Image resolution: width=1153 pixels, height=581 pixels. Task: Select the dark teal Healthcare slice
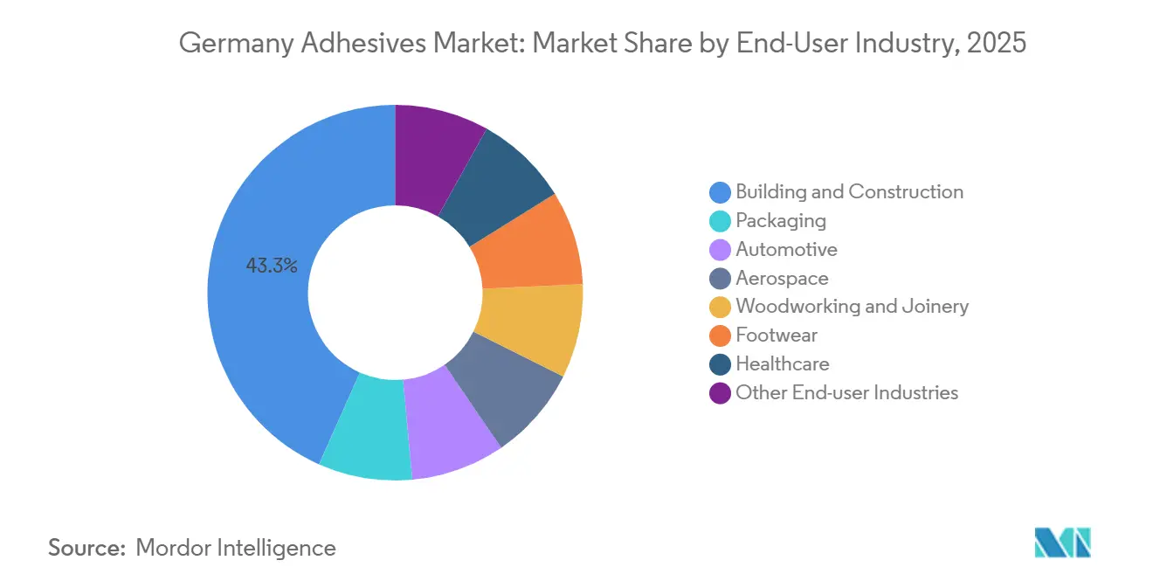(x=497, y=183)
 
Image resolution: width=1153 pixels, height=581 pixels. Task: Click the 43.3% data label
(x=272, y=266)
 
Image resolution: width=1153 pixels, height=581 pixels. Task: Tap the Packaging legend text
(x=780, y=220)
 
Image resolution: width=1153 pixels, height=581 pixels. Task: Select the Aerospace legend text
(x=782, y=278)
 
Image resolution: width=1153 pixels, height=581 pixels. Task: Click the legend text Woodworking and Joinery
(x=852, y=307)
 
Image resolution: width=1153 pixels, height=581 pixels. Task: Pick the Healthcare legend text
(x=782, y=363)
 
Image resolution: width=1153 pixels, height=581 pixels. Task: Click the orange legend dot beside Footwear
(x=720, y=335)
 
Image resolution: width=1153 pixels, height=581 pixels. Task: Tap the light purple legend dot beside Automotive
(x=720, y=250)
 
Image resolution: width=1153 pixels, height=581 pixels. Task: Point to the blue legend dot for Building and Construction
(x=720, y=192)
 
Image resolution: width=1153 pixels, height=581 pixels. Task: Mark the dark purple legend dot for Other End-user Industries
(x=720, y=393)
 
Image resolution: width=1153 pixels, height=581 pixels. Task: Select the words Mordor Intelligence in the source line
(x=236, y=548)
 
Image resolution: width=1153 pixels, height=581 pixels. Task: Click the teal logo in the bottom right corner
(x=1062, y=543)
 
